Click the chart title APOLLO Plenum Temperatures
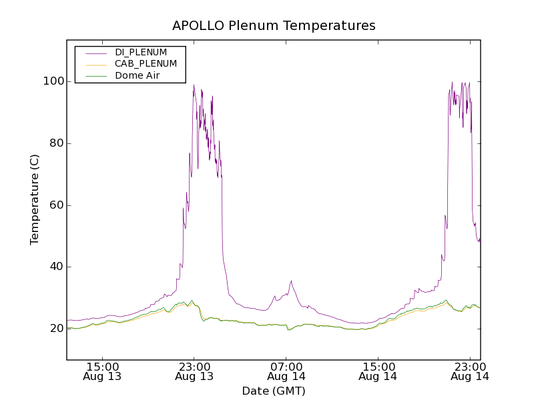[274, 26]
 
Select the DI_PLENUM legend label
[140, 52]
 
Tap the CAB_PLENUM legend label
[146, 64]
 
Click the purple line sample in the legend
[95, 53]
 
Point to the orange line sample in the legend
[95, 64]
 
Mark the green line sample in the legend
[95, 76]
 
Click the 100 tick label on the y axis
[53, 81]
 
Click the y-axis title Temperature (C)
[35, 199]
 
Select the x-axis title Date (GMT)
[274, 391]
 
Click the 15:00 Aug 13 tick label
[103, 371]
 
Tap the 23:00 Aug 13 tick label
[194, 371]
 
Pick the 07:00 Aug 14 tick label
[286, 371]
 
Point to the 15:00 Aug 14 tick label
[378, 371]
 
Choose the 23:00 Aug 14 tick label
[471, 371]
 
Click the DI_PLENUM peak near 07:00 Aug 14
[291, 281]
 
